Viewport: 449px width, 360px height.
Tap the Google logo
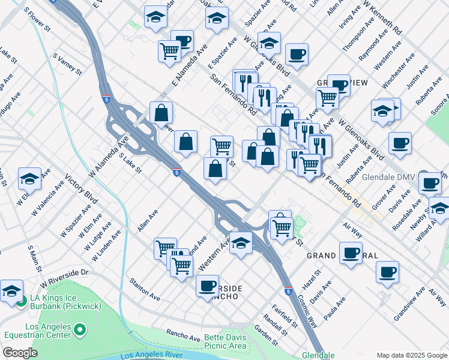coord(20,353)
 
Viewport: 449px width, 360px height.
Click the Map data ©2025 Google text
coord(411,355)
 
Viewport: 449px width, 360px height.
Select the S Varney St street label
coord(67,64)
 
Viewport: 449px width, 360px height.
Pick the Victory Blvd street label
coord(81,188)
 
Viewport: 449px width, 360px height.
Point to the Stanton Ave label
coord(145,289)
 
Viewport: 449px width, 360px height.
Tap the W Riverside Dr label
coord(64,278)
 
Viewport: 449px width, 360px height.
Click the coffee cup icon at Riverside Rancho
coord(207,285)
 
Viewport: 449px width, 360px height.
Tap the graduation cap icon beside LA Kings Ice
coord(11,290)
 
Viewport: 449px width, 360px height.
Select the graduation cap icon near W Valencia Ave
coord(29,178)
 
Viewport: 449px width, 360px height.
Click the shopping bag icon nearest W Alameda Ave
coord(161,112)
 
